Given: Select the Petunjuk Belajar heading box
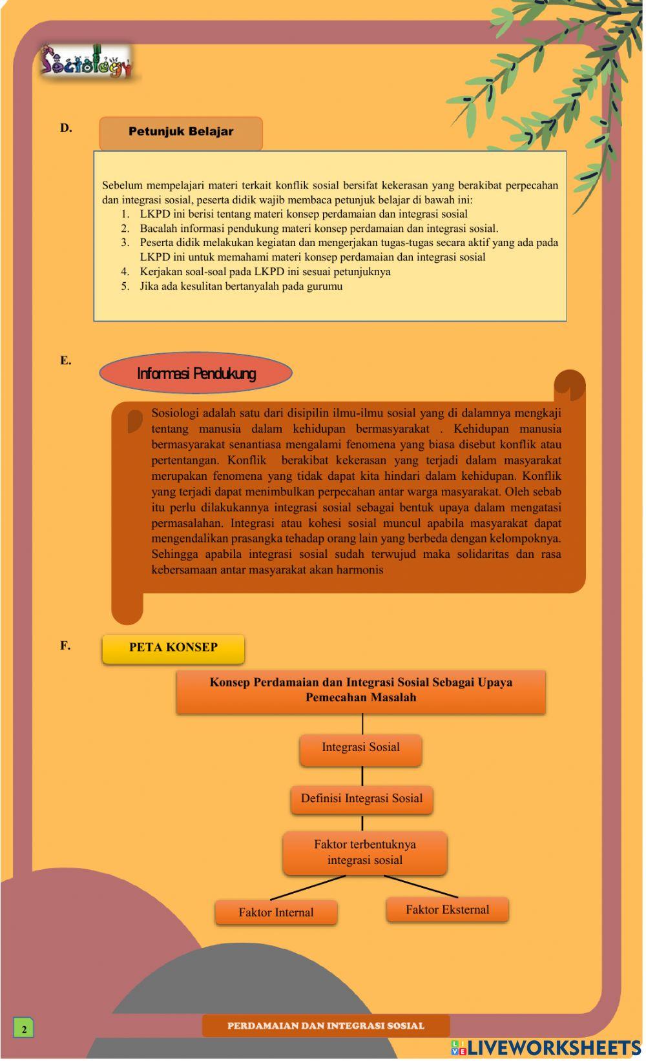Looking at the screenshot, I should coord(181,132).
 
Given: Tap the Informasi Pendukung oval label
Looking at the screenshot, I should coord(196,373).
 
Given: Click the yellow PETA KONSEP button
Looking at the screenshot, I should coord(173,648).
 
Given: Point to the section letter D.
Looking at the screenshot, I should coord(66,128).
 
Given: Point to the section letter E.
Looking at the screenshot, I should coord(65,360).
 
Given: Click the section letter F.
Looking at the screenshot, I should coord(65,645).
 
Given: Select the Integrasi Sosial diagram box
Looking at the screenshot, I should coord(360,748).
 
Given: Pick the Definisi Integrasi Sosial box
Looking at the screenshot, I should coord(362,799).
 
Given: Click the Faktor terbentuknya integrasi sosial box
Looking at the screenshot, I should coord(365,852).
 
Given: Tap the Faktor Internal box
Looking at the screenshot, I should coord(276,912).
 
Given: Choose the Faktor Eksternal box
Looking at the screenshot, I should coord(447,909).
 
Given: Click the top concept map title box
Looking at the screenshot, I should coord(360,690).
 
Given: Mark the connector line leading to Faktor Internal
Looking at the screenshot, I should coord(307,887).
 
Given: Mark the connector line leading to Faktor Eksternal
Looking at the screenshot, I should coord(421,886).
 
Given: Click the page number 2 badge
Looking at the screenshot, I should coord(24,1029).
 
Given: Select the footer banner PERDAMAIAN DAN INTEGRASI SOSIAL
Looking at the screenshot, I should coord(326,1025).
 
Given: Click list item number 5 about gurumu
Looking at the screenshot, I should coord(240,286).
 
